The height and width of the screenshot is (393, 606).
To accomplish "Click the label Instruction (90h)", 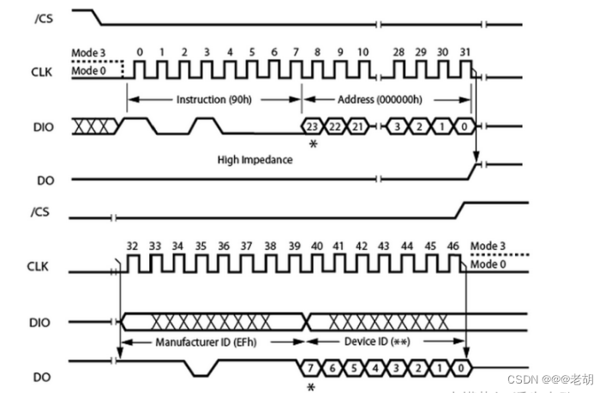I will [x=213, y=99].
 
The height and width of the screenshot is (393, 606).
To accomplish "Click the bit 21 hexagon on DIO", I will [x=358, y=126].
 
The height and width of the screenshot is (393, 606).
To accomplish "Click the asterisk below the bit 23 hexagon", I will [x=313, y=146].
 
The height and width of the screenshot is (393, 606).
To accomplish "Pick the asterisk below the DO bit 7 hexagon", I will [x=312, y=387].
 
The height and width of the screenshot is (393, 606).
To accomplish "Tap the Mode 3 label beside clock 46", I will [x=488, y=247].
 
